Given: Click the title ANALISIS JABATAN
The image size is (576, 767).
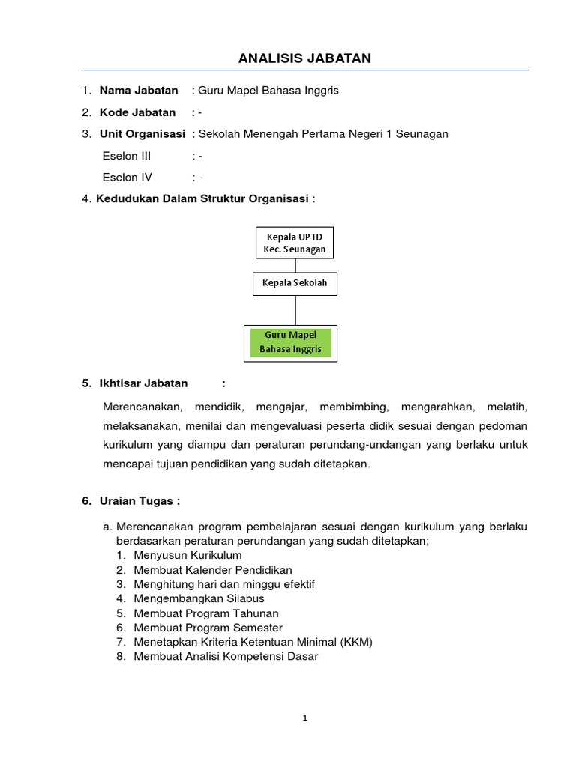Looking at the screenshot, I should click(304, 58).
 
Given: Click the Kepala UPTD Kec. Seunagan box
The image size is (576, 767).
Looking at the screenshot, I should click(295, 243).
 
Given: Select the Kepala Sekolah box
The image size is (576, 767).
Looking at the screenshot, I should click(295, 284).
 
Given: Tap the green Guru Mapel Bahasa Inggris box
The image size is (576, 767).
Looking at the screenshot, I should click(291, 342).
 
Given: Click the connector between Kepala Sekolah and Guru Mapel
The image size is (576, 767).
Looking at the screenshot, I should click(295, 309).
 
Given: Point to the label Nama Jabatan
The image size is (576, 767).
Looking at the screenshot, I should click(139, 91).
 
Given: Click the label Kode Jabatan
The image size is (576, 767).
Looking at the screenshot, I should click(137, 112).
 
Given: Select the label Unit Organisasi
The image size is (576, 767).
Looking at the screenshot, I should click(142, 134).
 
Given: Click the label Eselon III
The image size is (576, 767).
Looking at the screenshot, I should click(126, 156).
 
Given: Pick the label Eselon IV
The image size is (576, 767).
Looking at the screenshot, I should click(127, 178).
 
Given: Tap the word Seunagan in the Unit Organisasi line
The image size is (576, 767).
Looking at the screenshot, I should click(422, 134).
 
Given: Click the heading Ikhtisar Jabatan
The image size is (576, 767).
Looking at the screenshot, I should click(143, 383).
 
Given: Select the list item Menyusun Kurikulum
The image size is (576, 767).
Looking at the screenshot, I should click(187, 555).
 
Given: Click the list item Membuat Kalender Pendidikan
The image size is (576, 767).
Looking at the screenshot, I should click(213, 570).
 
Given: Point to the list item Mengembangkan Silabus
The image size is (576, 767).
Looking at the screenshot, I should click(199, 598).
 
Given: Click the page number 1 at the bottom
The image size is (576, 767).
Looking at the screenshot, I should click(305, 718).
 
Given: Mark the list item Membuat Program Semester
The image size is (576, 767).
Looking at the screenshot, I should click(208, 628).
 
